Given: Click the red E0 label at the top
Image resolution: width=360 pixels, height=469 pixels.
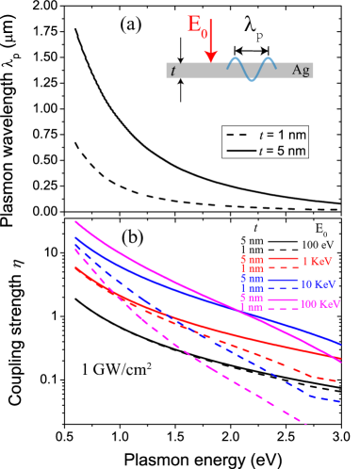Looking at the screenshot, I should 197,26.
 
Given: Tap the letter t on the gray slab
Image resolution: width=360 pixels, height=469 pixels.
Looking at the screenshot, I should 172,71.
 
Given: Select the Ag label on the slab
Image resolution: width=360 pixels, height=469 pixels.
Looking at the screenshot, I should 302,71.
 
